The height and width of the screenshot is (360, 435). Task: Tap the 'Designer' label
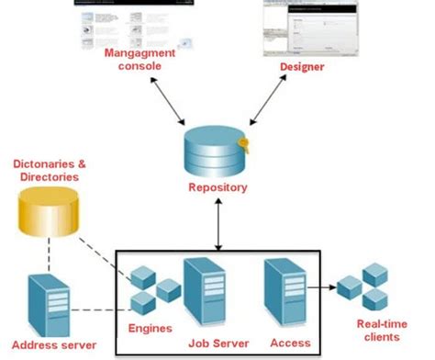click(x=307, y=66)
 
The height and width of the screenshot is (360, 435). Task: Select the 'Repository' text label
click(x=217, y=187)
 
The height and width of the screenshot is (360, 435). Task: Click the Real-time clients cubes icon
click(x=365, y=287)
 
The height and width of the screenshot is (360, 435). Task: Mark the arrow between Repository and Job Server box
click(x=217, y=222)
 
